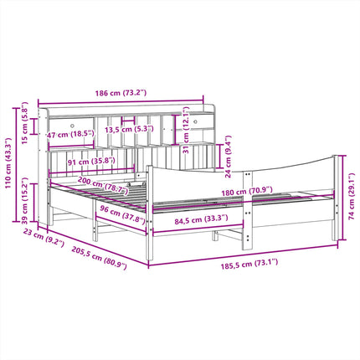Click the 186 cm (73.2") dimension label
(x=121, y=93)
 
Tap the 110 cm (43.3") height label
(x=8, y=162)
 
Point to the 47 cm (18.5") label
(x=70, y=135)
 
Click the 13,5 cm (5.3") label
(x=129, y=129)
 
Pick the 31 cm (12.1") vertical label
(x=186, y=130)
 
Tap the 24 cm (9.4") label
(x=228, y=157)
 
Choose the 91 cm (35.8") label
(x=91, y=161)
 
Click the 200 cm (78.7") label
(x=103, y=186)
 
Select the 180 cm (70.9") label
(x=247, y=192)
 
